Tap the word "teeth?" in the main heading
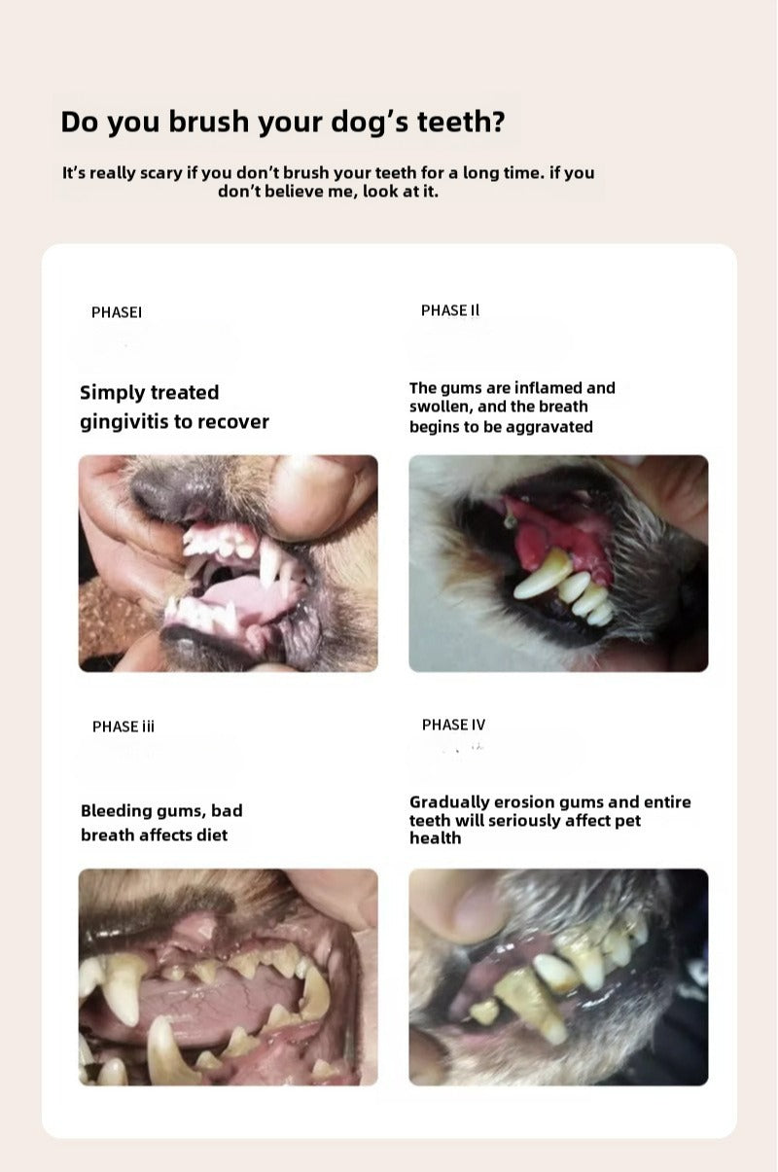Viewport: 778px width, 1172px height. tap(461, 122)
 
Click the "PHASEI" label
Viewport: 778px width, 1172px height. tap(116, 312)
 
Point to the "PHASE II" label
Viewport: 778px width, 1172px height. tap(450, 310)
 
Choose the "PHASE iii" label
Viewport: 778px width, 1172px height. tap(123, 727)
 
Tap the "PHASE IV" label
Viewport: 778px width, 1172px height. tap(453, 725)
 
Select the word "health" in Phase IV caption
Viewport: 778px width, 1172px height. tap(436, 838)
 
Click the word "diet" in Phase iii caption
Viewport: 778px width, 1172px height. tap(212, 835)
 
